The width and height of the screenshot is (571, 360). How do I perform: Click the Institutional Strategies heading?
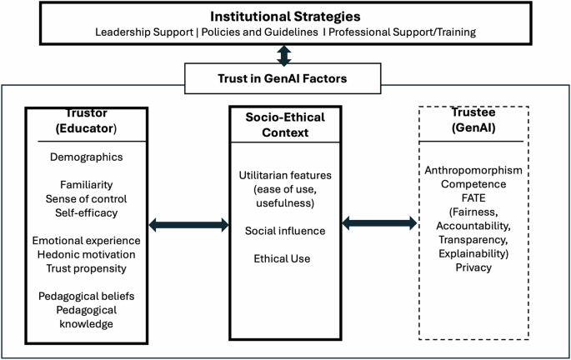pyautogui.click(x=284, y=16)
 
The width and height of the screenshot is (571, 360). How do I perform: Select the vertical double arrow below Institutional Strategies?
pyautogui.click(x=284, y=56)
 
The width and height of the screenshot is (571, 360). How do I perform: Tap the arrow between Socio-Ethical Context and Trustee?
pyautogui.click(x=379, y=223)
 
